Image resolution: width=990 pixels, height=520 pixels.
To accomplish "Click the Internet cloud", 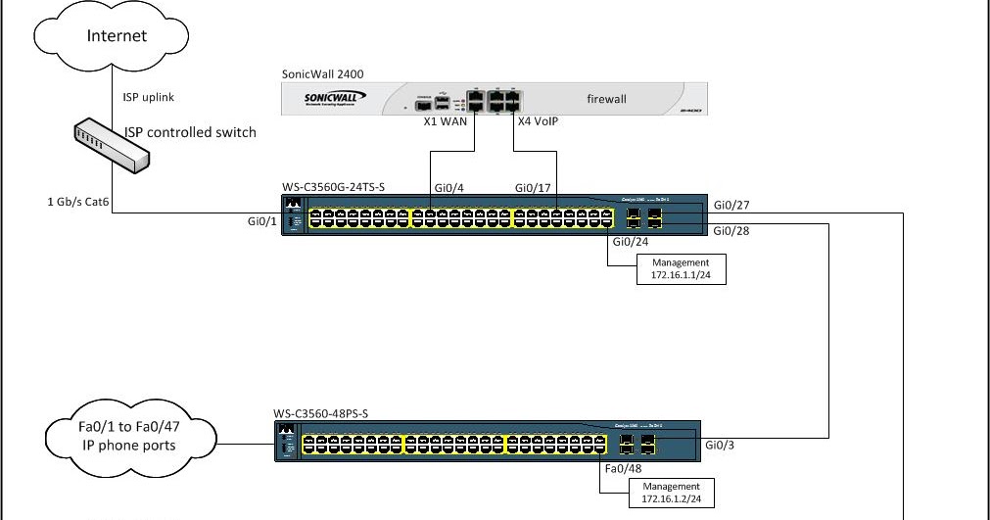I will [117, 37].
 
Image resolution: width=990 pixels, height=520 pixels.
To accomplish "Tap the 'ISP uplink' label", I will [149, 97].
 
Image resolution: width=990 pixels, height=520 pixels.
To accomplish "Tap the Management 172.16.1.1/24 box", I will [681, 268].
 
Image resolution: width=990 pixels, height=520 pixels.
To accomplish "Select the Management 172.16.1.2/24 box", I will [671, 493].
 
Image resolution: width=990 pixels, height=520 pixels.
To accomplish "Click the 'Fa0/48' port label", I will [623, 469].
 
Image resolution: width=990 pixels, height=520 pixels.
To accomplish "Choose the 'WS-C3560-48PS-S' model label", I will [320, 413].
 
